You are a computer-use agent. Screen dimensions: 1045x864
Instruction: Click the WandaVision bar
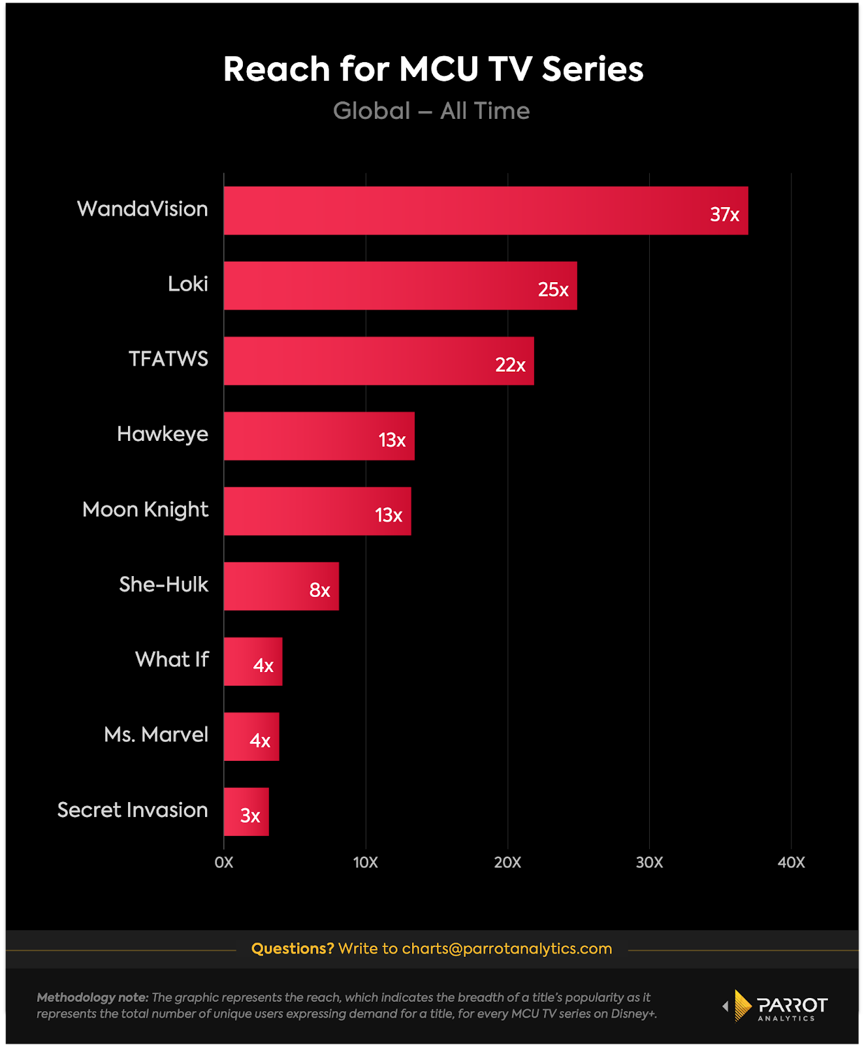point(485,210)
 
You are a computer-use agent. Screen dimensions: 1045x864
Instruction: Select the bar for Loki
point(400,285)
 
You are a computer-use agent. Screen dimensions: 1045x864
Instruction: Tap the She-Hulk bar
point(281,586)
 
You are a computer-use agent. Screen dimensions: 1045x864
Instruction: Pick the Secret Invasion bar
point(246,811)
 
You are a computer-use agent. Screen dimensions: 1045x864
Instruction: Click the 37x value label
point(724,214)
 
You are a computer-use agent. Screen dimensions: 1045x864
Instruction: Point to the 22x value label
point(510,364)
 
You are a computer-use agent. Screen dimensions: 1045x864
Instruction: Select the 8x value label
point(319,590)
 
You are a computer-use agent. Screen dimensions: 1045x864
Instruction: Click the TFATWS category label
point(168,359)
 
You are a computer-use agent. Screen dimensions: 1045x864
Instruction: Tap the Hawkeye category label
point(163,434)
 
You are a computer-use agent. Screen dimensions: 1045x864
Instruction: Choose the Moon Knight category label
point(145,509)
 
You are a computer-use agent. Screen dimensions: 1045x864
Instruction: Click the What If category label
point(172,659)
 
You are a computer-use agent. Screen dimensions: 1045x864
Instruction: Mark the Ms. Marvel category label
point(156,734)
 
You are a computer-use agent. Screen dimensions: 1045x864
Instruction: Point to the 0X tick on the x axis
point(224,862)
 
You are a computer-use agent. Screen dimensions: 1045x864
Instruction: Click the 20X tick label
point(507,862)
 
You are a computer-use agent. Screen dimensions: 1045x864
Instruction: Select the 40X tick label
point(791,862)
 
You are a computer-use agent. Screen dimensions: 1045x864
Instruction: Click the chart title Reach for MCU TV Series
point(433,69)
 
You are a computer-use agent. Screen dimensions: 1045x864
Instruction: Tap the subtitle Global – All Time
point(431,111)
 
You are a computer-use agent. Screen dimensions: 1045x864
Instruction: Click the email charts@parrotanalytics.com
point(507,948)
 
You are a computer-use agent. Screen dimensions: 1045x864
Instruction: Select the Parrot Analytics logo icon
point(742,1005)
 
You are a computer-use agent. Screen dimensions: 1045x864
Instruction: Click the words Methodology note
point(92,997)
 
